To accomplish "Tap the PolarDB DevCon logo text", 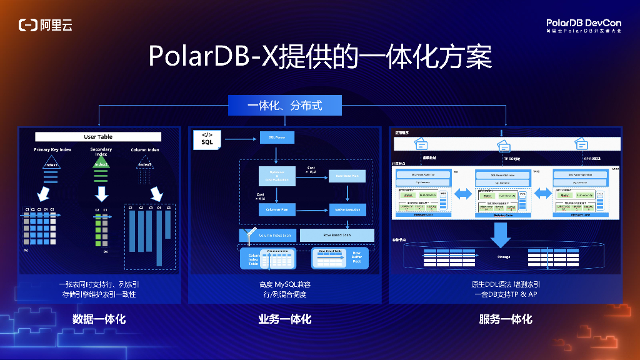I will pos(584,23).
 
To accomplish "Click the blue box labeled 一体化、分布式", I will pos(285,105).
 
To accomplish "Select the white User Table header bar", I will pos(98,137).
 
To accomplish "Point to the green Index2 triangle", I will pos(101,164).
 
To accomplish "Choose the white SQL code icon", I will pos(207,139).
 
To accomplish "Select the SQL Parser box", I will pos(277,137).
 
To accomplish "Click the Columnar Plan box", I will pos(277,209).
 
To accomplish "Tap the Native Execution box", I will pos(347,209).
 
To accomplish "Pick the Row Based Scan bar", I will pos(337,235).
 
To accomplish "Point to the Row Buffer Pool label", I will pos(356,257).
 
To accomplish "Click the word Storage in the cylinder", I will pos(504,257).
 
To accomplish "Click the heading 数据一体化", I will pos(99,319).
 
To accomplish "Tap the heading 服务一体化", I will pos(506,319).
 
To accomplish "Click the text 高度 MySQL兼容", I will pos(285,284).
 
